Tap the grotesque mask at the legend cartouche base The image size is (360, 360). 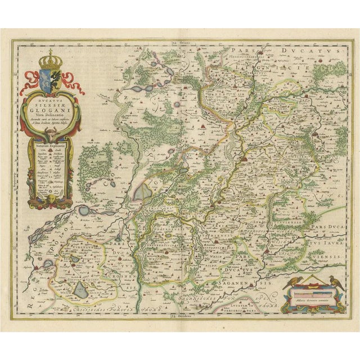click(49, 199)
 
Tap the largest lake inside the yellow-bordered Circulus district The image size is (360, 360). click(81, 290)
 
